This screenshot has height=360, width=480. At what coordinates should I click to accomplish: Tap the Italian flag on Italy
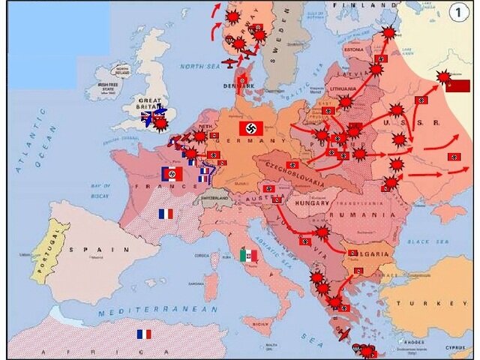pos(248,256)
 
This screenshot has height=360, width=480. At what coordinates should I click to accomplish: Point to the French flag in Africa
pos(143,334)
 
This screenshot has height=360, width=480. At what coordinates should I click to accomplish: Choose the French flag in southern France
pos(165,214)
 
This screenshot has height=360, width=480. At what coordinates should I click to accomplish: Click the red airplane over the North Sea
pos(230,61)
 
